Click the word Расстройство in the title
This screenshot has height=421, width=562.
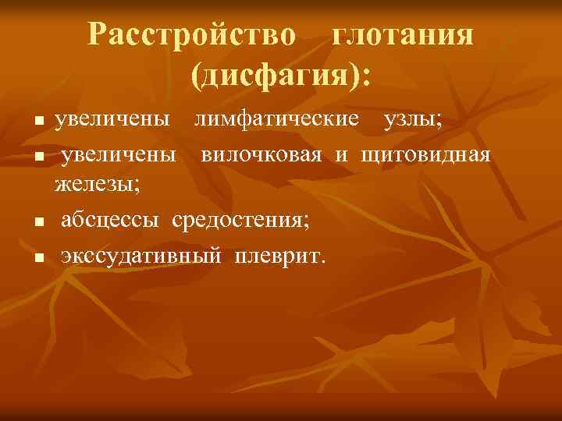192,35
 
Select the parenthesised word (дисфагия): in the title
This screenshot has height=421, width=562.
280,76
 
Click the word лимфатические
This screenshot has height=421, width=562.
277,120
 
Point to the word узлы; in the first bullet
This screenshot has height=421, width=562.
411,120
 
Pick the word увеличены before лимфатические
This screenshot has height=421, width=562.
112,120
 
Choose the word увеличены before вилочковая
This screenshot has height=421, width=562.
119,154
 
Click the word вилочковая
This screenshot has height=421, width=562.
261,154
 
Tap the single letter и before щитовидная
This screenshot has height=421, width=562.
342,154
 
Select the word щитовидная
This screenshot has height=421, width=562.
425,154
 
